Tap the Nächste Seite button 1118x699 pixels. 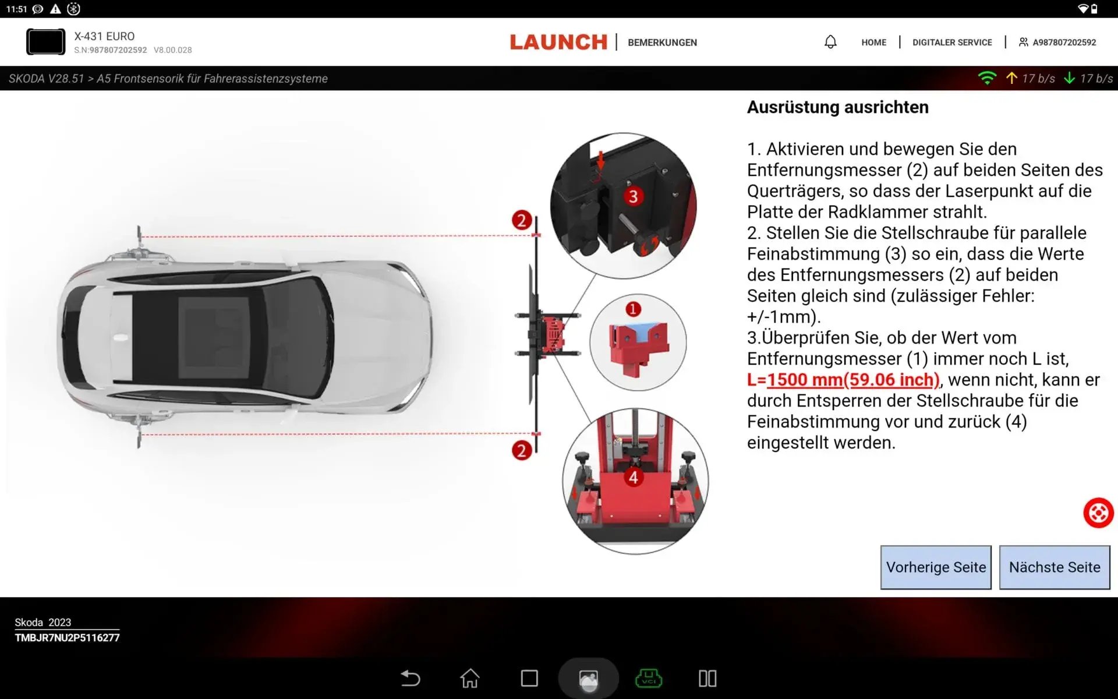click(1054, 567)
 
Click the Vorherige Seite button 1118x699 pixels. click(936, 567)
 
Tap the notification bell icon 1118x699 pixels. click(830, 42)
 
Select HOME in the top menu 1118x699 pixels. click(873, 43)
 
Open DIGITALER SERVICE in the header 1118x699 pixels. click(952, 43)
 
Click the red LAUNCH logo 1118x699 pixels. click(558, 42)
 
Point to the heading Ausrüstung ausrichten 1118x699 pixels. click(837, 107)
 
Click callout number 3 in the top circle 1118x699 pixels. click(633, 196)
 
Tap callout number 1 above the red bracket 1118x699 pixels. click(633, 309)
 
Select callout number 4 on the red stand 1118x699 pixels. click(633, 478)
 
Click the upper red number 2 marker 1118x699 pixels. click(522, 220)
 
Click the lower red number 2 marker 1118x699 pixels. click(522, 450)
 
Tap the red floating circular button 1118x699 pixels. click(1098, 513)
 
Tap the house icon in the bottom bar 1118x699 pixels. click(470, 678)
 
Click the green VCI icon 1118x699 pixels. click(648, 678)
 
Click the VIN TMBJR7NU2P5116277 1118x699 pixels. click(67, 638)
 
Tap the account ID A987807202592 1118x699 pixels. click(1064, 43)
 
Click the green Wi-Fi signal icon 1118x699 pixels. click(987, 78)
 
